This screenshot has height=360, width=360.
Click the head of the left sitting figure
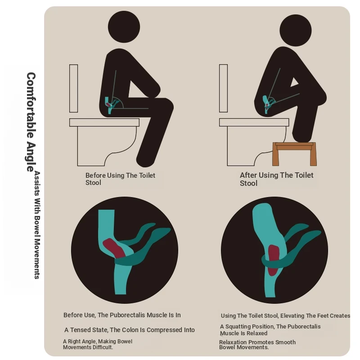[x=124, y=27]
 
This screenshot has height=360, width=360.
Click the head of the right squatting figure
[x=296, y=30]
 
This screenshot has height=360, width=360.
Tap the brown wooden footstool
[x=294, y=154]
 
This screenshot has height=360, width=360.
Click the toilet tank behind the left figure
[x=73, y=88]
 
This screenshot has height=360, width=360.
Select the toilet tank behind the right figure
[x=223, y=88]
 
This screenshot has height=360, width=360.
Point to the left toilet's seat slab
[x=104, y=122]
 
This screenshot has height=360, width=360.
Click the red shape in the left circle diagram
[x=114, y=248]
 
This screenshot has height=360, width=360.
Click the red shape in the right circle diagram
[x=273, y=260]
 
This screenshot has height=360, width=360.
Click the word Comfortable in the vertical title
[x=31, y=105]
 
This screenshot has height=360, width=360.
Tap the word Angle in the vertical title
[x=31, y=157]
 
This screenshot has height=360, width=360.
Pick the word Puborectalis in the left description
[x=127, y=315]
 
